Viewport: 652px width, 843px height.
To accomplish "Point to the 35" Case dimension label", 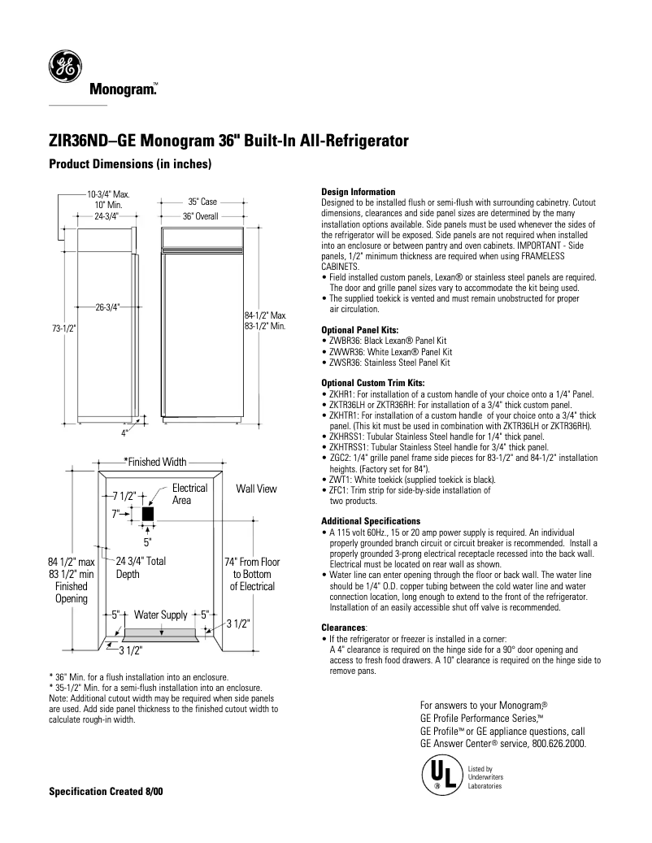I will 202,201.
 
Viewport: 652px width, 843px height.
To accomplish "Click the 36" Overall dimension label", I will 201,217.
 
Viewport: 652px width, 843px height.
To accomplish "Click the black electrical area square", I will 147,514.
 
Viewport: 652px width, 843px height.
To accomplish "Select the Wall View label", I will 256,489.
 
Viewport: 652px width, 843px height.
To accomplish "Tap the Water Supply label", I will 160,615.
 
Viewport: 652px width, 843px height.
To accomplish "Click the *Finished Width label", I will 154,462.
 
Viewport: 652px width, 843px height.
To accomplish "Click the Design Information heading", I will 359,192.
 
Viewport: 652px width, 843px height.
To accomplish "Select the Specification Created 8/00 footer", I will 106,791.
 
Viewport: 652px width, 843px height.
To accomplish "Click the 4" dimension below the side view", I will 124,433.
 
